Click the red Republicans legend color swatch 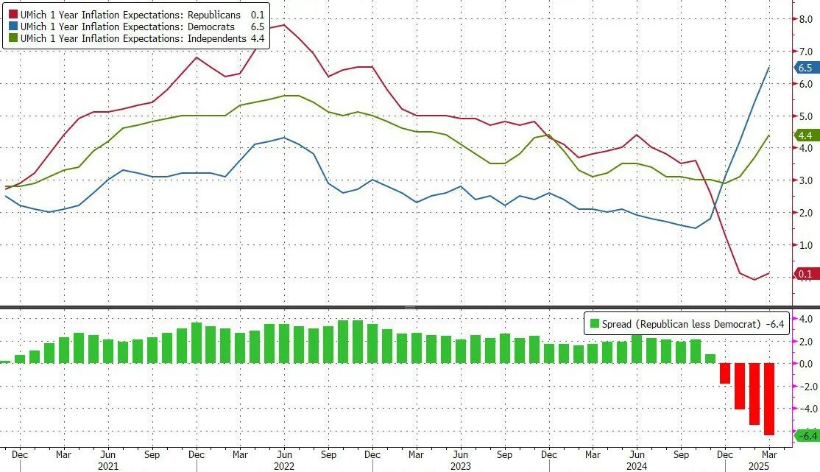tap(13, 14)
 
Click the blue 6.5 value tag tap(805, 68)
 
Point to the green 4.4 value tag tap(805, 135)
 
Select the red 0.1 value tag tap(805, 274)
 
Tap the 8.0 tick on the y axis tap(805, 19)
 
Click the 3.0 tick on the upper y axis tap(805, 180)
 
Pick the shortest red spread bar tap(725, 373)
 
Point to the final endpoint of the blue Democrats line tap(769, 68)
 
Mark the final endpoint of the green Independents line tap(769, 135)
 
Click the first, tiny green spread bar tap(6, 362)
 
